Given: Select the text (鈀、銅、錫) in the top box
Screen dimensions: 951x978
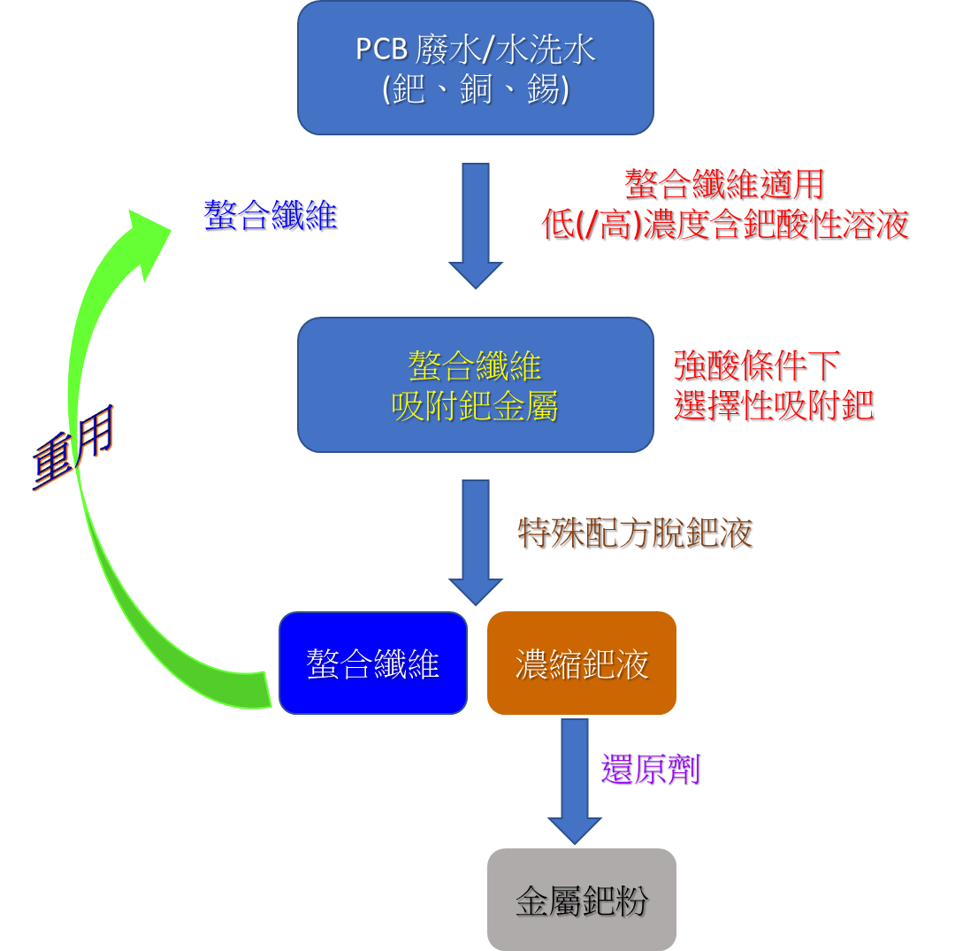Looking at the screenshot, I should pyautogui.click(x=475, y=90).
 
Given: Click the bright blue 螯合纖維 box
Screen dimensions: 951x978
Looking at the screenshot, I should pyautogui.click(x=372, y=663).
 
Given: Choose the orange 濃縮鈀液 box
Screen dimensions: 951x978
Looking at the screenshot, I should pyautogui.click(x=581, y=663).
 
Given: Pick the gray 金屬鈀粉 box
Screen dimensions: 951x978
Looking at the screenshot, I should pyautogui.click(x=581, y=901).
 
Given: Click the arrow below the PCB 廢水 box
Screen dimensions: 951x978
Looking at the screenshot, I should pyautogui.click(x=476, y=225).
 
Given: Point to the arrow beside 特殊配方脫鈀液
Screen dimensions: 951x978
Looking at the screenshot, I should pyautogui.click(x=476, y=541).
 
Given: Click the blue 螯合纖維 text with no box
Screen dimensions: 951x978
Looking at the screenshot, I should pyautogui.click(x=270, y=215).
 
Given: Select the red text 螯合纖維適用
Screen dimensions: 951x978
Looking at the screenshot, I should pyautogui.click(x=723, y=185).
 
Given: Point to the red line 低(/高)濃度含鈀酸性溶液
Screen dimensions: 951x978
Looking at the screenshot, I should pyautogui.click(x=725, y=225).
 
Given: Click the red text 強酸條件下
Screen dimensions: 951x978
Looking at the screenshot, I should pyautogui.click(x=755, y=364).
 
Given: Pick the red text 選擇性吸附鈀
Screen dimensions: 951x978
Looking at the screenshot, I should pyautogui.click(x=773, y=405).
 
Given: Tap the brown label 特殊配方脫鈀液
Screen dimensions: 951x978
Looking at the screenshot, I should pyautogui.click(x=634, y=533).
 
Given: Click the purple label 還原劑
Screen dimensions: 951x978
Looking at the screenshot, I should pyautogui.click(x=650, y=770).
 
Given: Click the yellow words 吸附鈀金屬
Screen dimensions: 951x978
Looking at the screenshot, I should pyautogui.click(x=475, y=407).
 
